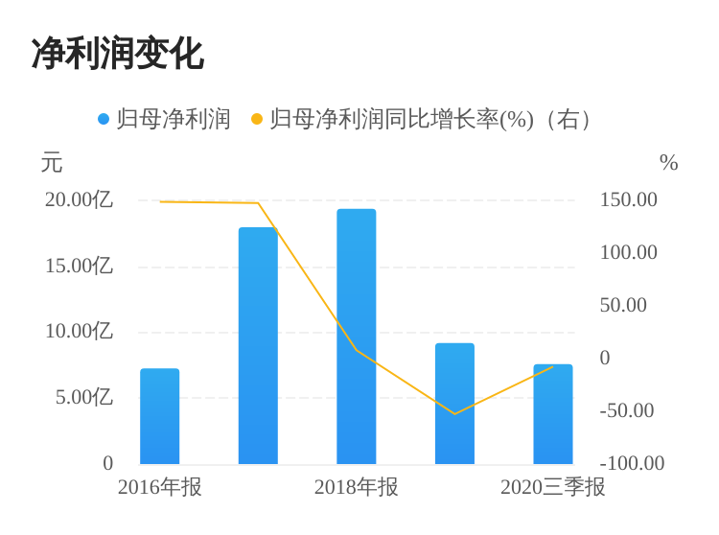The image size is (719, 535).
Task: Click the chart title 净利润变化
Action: click(x=117, y=54)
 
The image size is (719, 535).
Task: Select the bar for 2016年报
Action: click(x=159, y=416)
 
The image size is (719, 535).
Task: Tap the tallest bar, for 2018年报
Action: click(x=356, y=337)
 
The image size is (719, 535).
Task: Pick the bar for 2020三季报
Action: click(x=552, y=414)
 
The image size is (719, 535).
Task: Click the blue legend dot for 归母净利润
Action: click(x=104, y=120)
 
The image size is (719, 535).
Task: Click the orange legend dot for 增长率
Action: click(x=256, y=120)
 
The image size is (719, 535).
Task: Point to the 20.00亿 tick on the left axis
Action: click(x=79, y=200)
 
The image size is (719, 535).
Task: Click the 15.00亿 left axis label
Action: click(x=79, y=266)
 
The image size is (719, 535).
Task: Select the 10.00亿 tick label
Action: click(x=79, y=332)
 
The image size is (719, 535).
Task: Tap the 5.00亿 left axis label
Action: click(x=83, y=397)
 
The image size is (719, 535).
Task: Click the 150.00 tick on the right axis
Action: click(x=629, y=200)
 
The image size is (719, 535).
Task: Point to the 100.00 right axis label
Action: click(x=629, y=253)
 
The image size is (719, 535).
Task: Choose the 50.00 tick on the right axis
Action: click(x=623, y=306)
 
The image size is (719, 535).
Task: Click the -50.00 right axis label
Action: click(x=626, y=410)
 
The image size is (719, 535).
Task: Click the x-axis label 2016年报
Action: click(x=159, y=487)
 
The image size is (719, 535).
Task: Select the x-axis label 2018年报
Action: click(x=356, y=487)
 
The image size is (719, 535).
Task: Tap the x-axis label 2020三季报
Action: click(x=552, y=487)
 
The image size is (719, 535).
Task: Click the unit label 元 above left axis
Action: click(x=52, y=163)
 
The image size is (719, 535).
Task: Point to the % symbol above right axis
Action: click(x=668, y=163)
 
